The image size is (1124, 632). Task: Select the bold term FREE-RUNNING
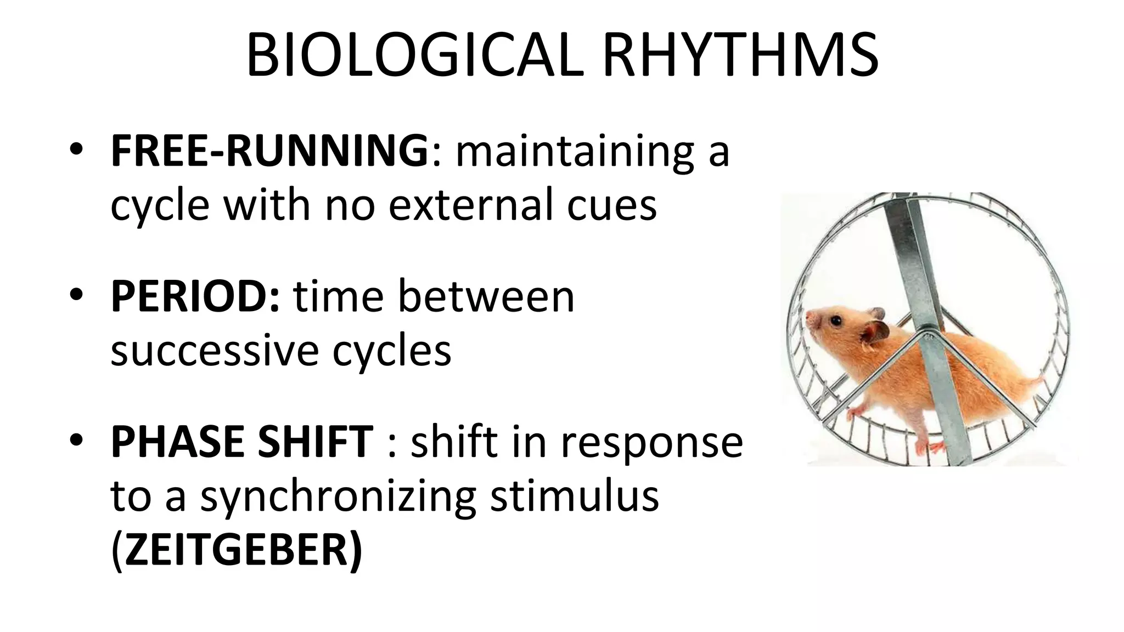click(x=269, y=150)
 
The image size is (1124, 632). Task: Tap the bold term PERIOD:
click(x=195, y=296)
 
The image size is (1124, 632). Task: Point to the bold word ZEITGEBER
click(x=236, y=550)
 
